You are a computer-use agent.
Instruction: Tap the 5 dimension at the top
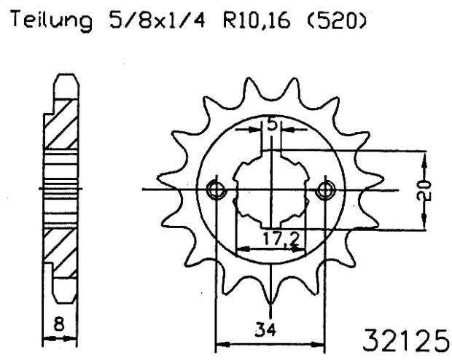click(x=271, y=125)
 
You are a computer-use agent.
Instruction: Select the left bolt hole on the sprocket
click(x=215, y=189)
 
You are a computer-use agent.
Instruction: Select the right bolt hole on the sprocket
click(x=325, y=189)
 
